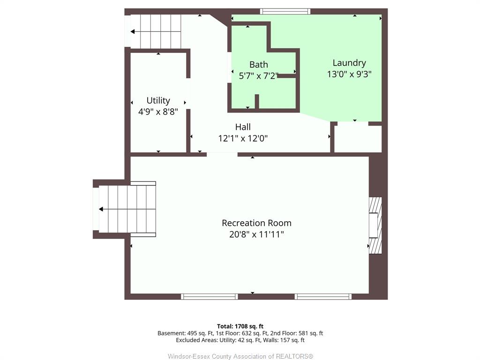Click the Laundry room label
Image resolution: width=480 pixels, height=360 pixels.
[349, 63]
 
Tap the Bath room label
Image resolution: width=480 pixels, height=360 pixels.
[259, 65]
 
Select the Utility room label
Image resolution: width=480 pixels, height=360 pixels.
[158, 101]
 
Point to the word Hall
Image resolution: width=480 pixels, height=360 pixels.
[243, 127]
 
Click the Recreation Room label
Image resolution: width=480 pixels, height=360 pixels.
[256, 223]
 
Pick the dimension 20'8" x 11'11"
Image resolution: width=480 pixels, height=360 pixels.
[256, 234]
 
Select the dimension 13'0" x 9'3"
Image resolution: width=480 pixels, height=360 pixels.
[349, 74]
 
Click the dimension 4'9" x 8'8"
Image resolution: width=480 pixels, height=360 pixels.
[158, 112]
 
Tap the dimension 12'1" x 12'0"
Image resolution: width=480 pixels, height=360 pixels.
[243, 138]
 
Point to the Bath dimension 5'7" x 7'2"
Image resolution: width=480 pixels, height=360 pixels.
[259, 75]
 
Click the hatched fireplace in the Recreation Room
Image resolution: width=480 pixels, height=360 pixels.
[375, 225]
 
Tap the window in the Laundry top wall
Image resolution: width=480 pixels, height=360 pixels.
[285, 12]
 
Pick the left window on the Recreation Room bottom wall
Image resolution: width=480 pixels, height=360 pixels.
[210, 296]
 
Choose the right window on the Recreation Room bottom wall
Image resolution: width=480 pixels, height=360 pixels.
[323, 296]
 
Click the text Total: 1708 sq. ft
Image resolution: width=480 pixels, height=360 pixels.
[240, 326]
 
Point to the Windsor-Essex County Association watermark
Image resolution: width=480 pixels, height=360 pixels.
[240, 356]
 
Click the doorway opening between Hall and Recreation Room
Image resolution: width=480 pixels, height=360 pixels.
[222, 155]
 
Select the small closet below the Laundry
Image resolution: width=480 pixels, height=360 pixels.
[358, 138]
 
